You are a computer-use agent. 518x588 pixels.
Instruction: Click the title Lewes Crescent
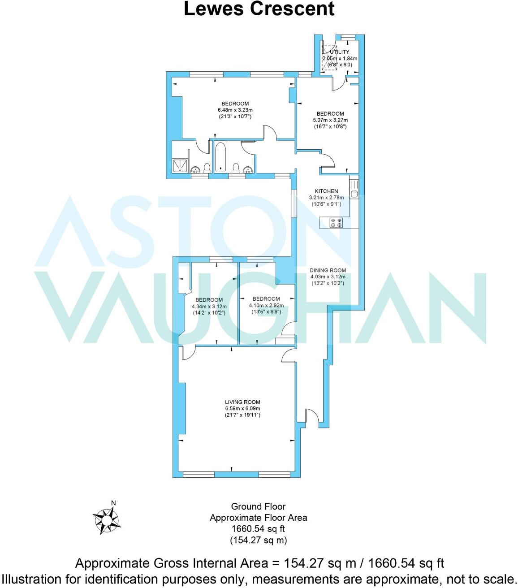259,9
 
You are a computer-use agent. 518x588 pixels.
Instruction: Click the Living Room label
242,402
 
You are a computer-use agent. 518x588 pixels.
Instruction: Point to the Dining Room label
328,270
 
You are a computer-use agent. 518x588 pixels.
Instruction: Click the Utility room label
339,52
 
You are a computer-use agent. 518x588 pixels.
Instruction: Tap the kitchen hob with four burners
336,222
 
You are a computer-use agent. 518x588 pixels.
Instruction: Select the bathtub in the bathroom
220,157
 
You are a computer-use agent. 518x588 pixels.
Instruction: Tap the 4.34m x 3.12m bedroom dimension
209,307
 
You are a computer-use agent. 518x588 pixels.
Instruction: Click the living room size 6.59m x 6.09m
242,409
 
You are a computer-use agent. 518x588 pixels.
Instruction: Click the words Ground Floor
258,506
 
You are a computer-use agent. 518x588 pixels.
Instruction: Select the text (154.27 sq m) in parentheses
258,540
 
